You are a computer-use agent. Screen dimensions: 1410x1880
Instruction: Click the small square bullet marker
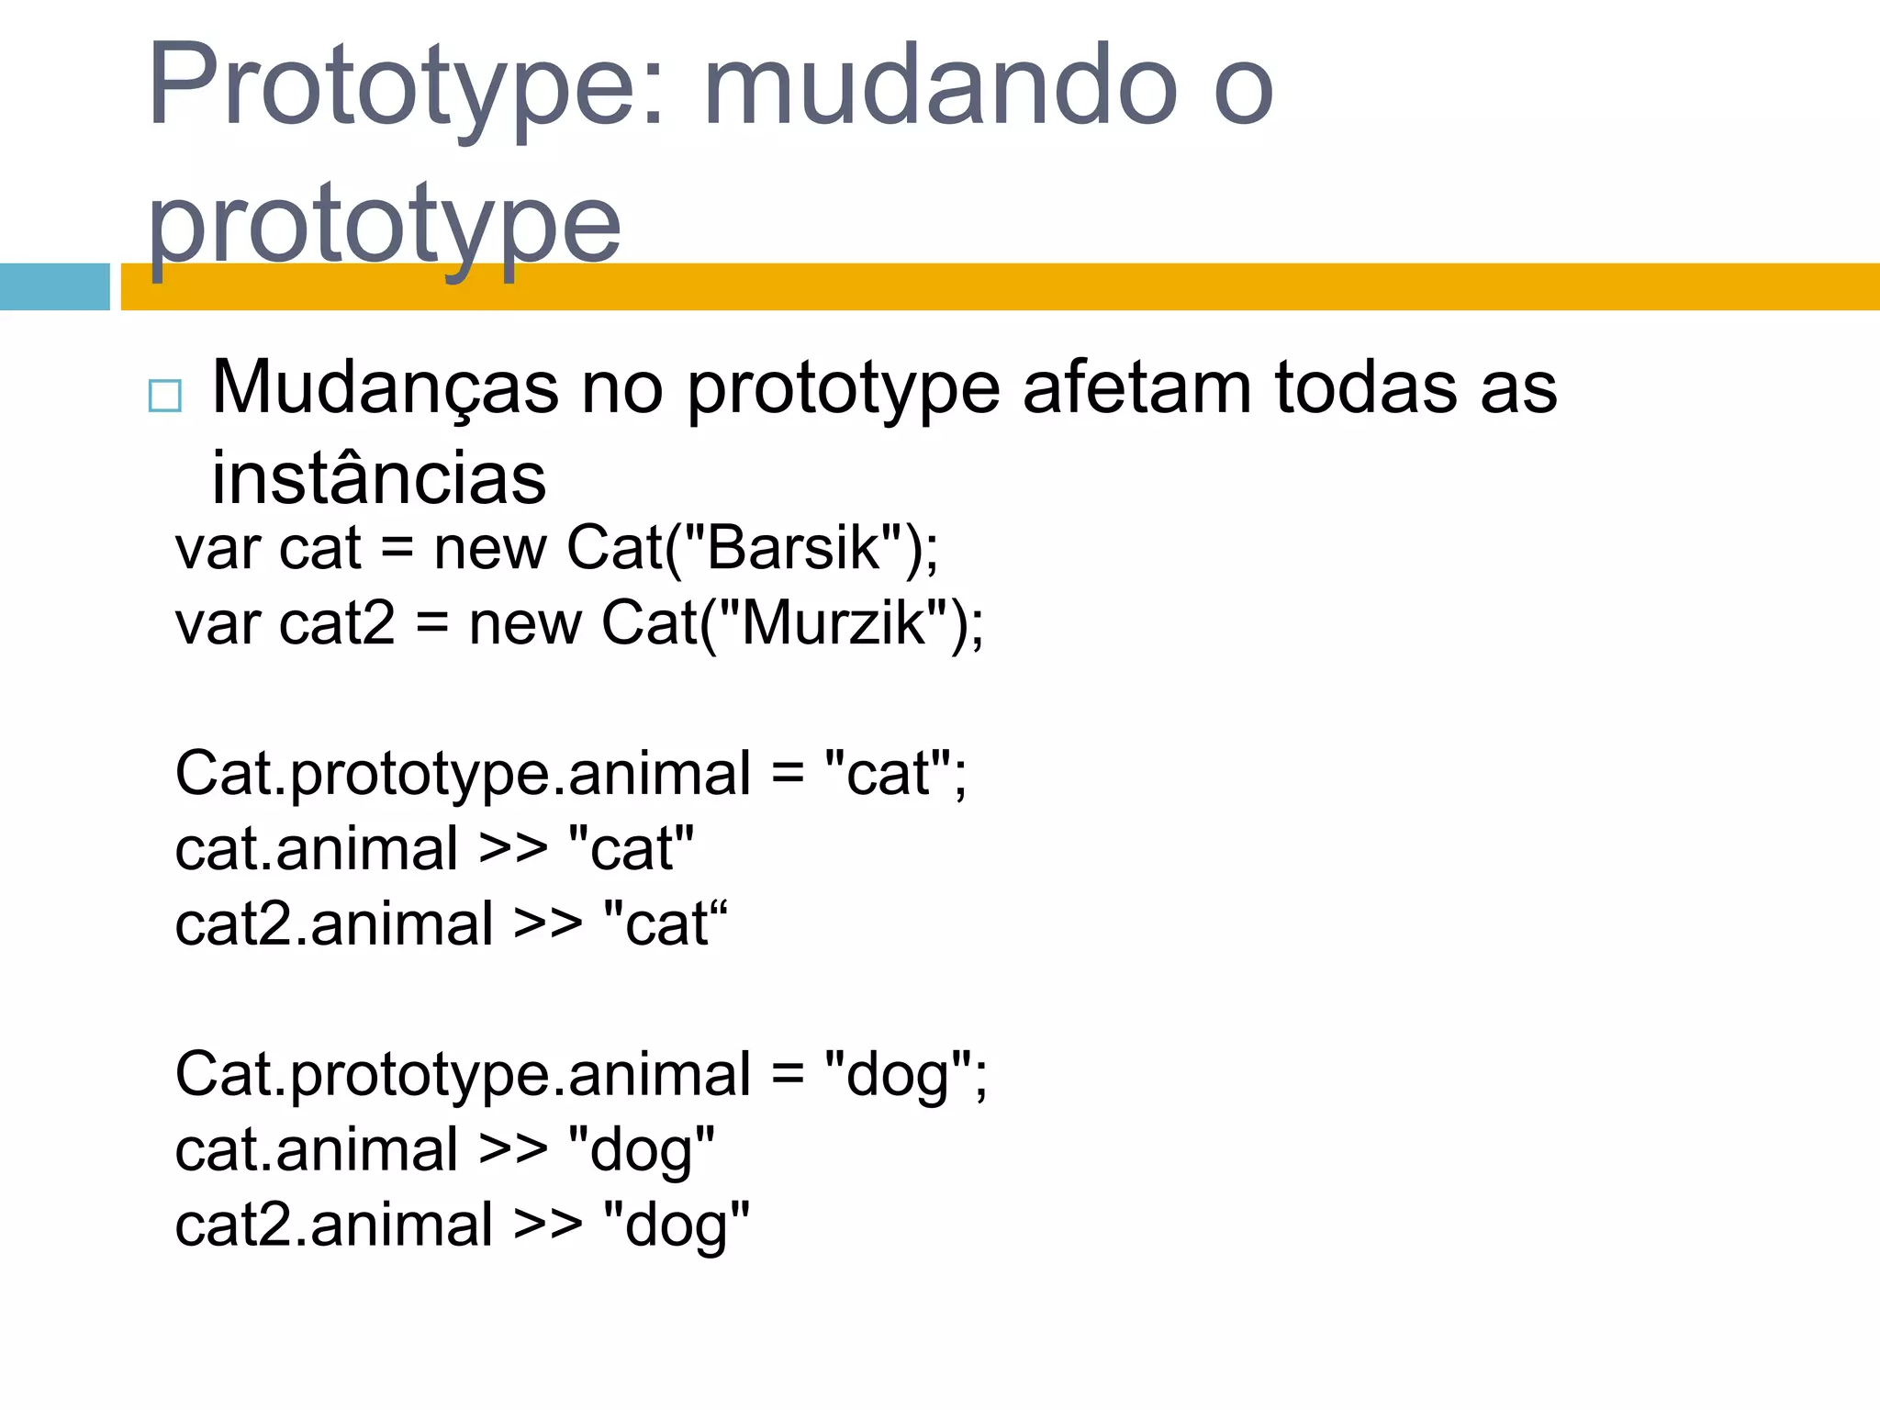165,397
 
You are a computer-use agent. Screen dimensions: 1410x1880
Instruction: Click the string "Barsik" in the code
793,548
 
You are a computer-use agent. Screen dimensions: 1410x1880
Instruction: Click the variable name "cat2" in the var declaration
336,623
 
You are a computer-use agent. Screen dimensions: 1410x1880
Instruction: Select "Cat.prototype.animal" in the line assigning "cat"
463,774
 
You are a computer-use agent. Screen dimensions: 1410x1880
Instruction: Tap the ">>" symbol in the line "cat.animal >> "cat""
512,849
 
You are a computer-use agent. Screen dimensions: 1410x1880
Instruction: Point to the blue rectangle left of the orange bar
54,286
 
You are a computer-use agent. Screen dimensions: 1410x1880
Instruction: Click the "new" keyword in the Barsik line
489,548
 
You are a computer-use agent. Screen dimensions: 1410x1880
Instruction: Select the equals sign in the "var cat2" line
431,623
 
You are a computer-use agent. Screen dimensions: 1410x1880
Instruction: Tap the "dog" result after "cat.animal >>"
641,1149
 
